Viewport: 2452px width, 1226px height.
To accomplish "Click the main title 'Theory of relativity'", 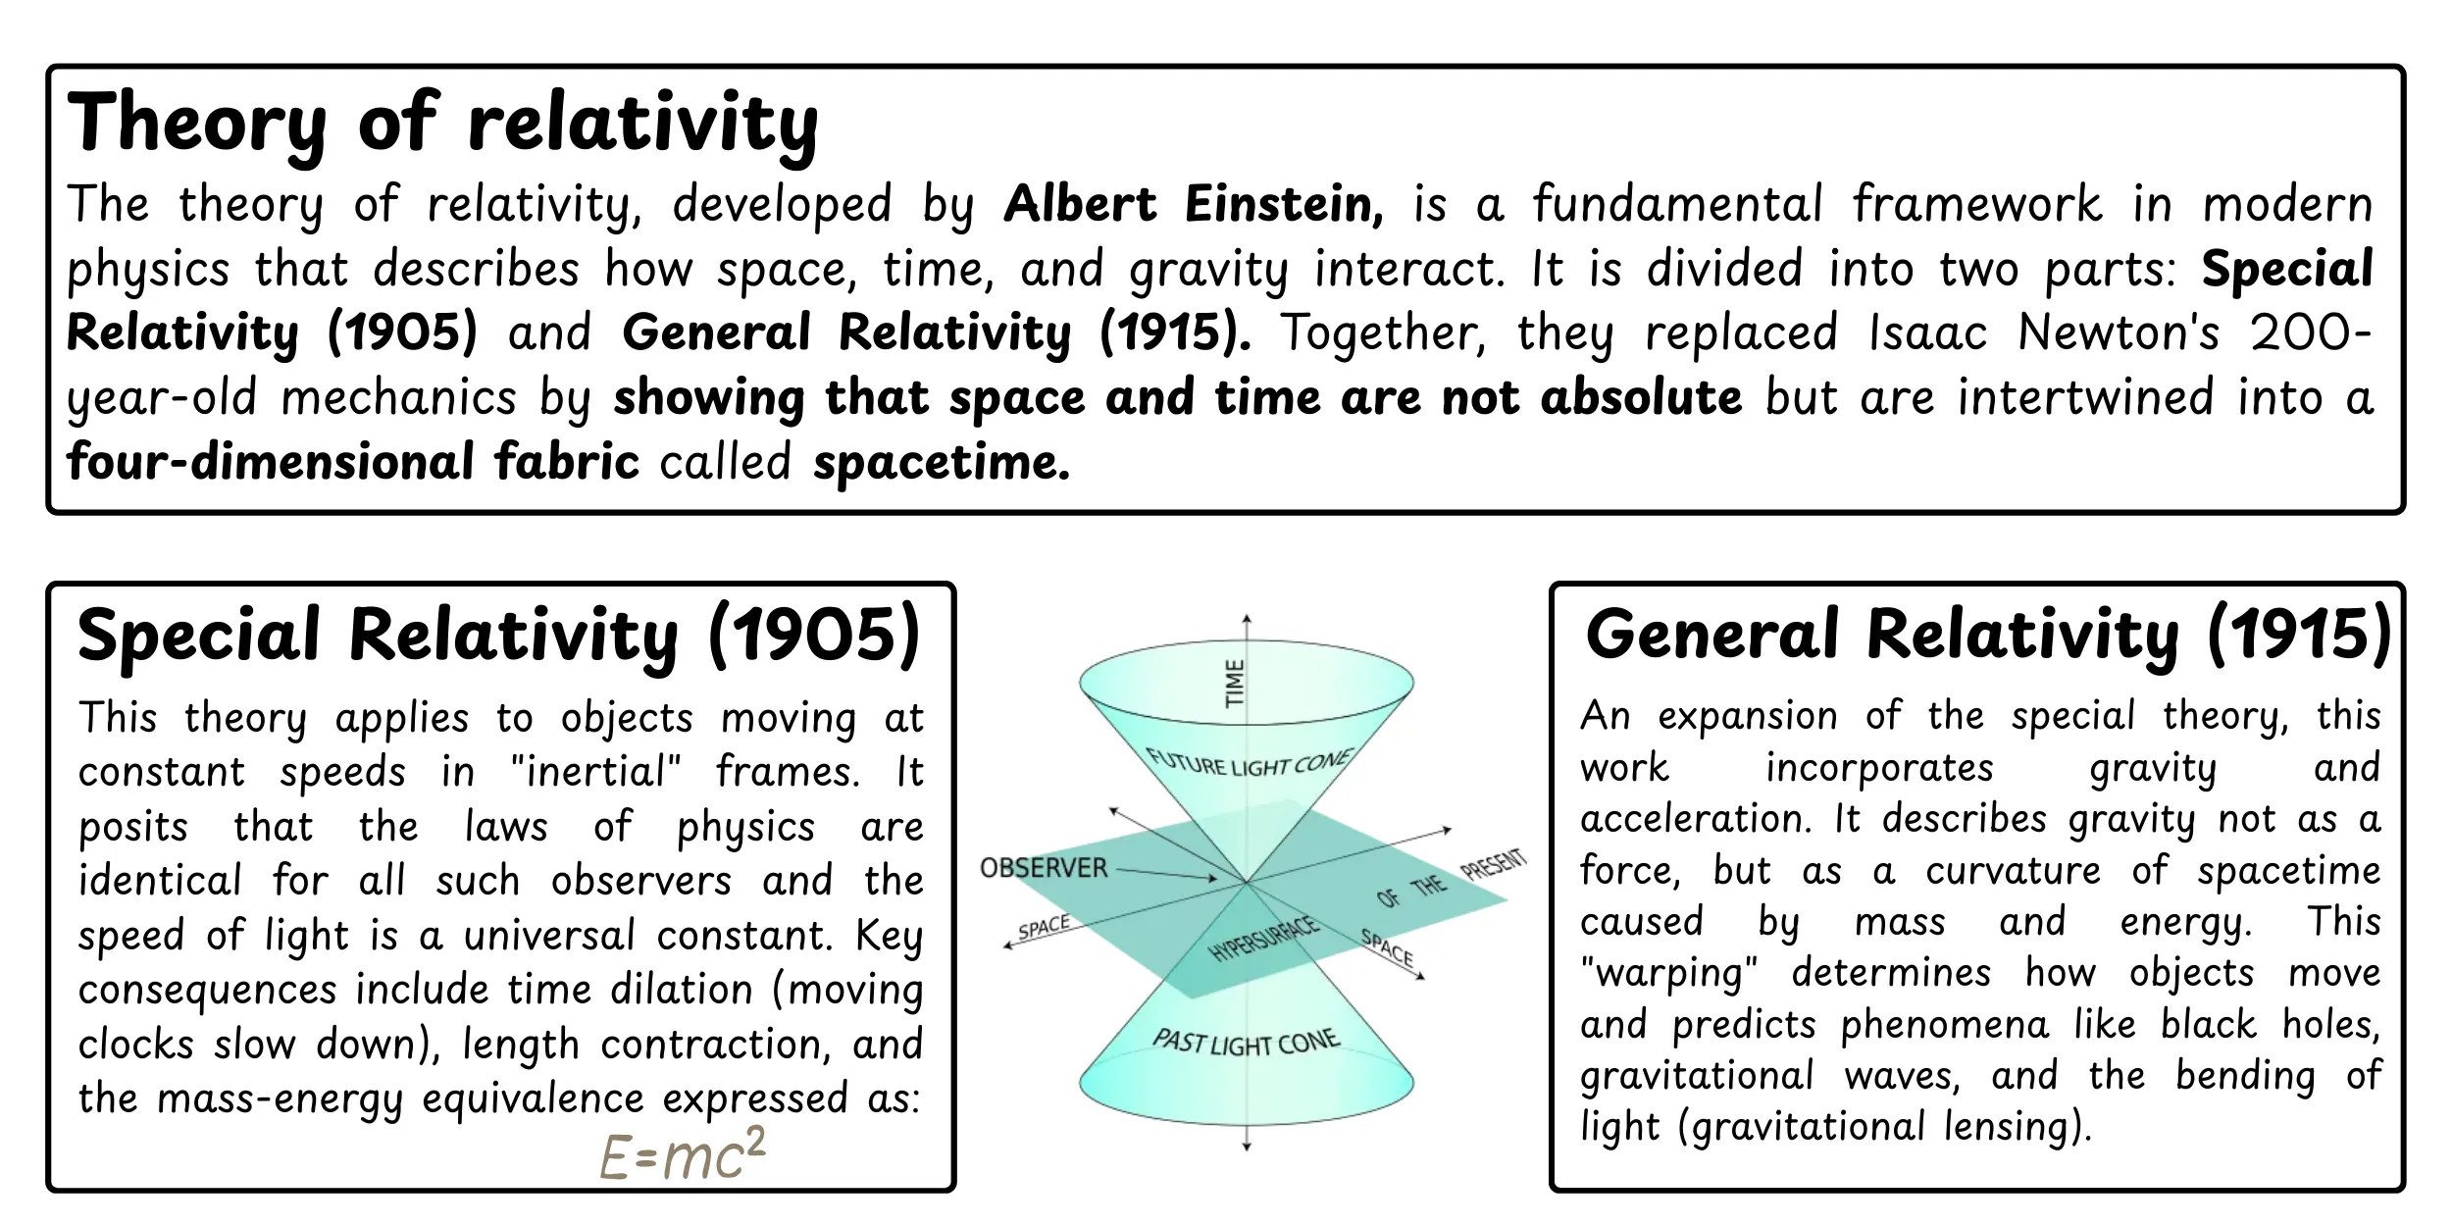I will (442, 125).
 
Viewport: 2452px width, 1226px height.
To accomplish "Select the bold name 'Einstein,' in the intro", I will (1284, 205).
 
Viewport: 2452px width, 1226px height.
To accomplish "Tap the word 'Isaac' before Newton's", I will (1927, 332).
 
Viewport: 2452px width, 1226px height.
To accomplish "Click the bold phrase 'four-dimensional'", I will (271, 462).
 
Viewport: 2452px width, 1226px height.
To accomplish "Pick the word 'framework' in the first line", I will (1976, 205).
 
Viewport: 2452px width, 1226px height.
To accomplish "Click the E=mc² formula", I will (683, 1154).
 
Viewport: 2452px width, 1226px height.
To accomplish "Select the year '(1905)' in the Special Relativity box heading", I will (814, 636).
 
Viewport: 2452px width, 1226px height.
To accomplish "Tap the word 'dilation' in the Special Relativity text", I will (681, 990).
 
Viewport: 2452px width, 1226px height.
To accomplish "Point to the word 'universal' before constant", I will (549, 936).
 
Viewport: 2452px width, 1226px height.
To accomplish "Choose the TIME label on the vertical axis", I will (1235, 684).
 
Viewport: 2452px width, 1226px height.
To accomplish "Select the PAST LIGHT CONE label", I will (1246, 1042).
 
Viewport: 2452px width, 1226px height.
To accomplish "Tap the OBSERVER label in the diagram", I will (1044, 868).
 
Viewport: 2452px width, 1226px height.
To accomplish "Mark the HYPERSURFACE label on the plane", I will (1264, 939).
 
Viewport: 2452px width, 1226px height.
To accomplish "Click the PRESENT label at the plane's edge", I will (1493, 864).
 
